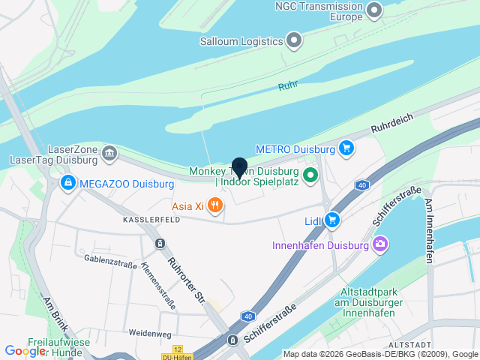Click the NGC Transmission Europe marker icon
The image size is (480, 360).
click(x=373, y=11)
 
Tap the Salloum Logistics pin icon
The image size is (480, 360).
click(x=294, y=40)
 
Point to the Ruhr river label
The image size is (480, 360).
click(x=288, y=86)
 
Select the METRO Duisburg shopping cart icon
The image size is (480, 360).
click(x=346, y=148)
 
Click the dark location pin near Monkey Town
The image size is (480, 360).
click(x=239, y=167)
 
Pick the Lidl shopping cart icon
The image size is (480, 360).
click(x=333, y=220)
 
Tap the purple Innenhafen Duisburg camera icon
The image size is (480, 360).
click(x=380, y=244)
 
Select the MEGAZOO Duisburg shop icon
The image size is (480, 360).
click(x=68, y=182)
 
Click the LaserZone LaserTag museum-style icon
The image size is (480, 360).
click(x=109, y=154)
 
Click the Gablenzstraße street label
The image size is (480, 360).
click(x=110, y=262)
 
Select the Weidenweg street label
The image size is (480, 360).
click(x=150, y=332)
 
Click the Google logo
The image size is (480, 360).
click(x=25, y=350)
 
